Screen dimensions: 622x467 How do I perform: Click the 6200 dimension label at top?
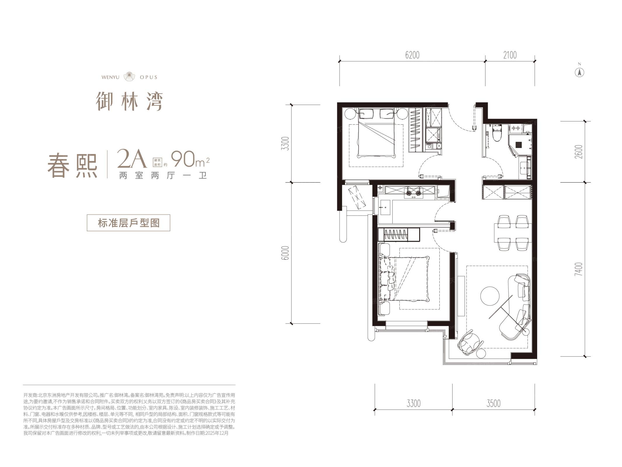click(412, 55)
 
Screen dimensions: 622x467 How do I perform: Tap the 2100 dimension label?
click(510, 55)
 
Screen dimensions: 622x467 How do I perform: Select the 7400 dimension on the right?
click(579, 269)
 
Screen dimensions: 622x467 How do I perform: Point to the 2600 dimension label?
click(579, 152)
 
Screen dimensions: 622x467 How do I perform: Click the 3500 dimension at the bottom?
click(493, 403)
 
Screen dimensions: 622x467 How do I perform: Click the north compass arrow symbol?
click(580, 72)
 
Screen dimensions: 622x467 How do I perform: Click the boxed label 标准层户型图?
click(128, 223)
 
